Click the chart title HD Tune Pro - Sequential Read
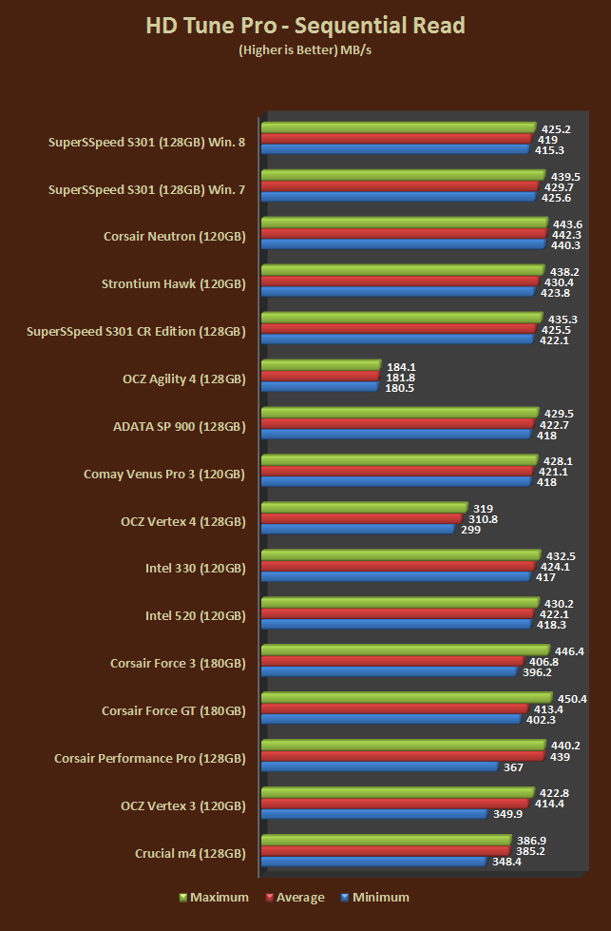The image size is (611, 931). (x=305, y=26)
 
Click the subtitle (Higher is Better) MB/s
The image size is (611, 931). (x=305, y=51)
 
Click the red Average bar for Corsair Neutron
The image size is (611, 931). (x=403, y=234)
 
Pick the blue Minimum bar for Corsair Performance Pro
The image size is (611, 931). (x=379, y=766)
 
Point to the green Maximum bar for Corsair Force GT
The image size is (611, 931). (x=406, y=698)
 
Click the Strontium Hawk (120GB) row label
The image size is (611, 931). (x=173, y=283)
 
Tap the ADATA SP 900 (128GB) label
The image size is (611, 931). (x=179, y=426)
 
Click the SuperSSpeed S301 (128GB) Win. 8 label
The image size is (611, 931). (x=146, y=142)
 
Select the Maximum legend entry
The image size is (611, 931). (x=214, y=897)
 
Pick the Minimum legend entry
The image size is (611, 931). (x=375, y=897)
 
